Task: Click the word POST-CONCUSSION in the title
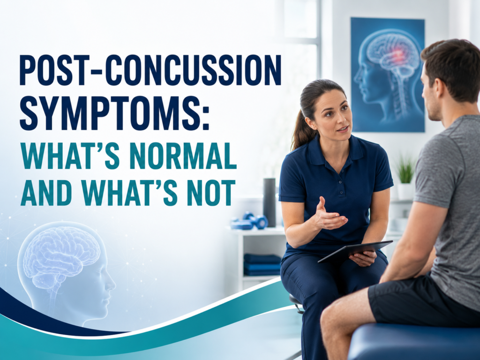[150, 70]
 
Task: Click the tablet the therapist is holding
[355, 251]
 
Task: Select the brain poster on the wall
[388, 75]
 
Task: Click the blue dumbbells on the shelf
[249, 221]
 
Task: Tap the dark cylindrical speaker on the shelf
[270, 202]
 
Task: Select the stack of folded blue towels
[262, 264]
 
